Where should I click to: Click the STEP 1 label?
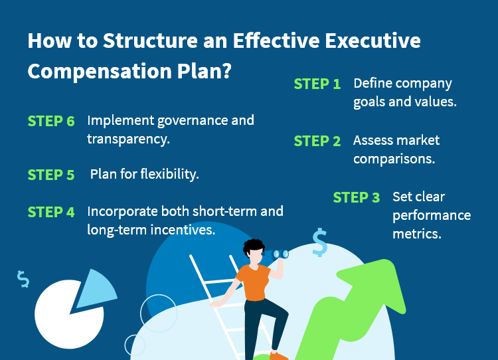tap(317, 84)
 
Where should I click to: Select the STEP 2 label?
tap(317, 141)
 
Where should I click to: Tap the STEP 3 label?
tap(356, 198)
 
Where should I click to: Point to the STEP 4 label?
tap(51, 213)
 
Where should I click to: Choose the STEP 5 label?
tap(51, 175)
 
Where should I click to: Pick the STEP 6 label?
tap(51, 122)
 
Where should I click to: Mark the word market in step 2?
tap(417, 141)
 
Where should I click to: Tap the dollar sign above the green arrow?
tap(319, 243)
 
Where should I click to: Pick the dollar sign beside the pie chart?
tap(23, 279)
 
